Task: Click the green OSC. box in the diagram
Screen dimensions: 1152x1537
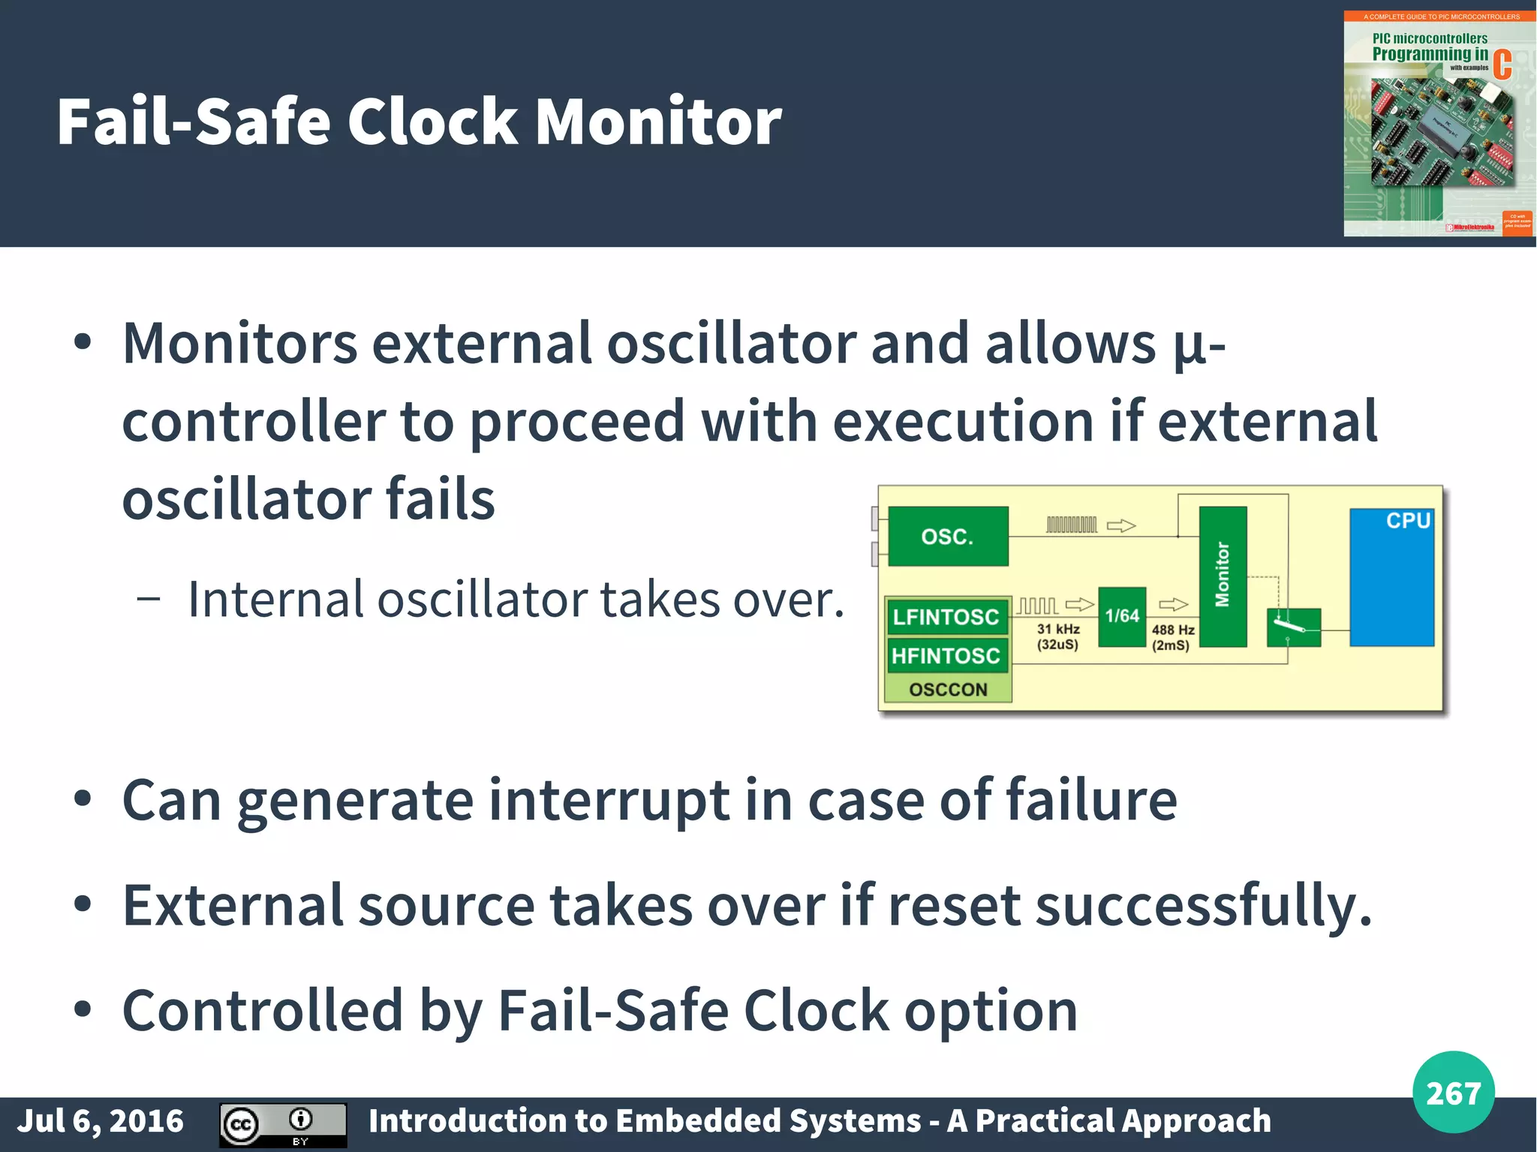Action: (947, 536)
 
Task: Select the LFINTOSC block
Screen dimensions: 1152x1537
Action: (946, 617)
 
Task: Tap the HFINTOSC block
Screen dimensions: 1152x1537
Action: (946, 656)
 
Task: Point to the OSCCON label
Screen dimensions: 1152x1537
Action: (948, 689)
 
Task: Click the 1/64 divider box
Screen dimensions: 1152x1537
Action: (1122, 616)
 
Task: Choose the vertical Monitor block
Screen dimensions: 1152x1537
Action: (1223, 576)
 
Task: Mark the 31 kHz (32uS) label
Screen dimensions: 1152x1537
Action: (1058, 636)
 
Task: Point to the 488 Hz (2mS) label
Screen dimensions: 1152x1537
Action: (1172, 637)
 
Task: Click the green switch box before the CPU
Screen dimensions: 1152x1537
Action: (1293, 627)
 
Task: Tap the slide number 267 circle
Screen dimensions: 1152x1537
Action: (1453, 1092)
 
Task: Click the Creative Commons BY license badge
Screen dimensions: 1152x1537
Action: (283, 1124)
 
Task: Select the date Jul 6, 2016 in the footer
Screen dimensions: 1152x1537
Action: (100, 1120)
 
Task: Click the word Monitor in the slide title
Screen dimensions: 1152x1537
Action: (658, 122)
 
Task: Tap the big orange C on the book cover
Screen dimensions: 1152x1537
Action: (1502, 65)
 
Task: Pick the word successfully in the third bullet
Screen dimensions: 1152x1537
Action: (1203, 906)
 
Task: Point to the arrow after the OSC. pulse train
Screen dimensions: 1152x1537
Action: (1121, 525)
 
